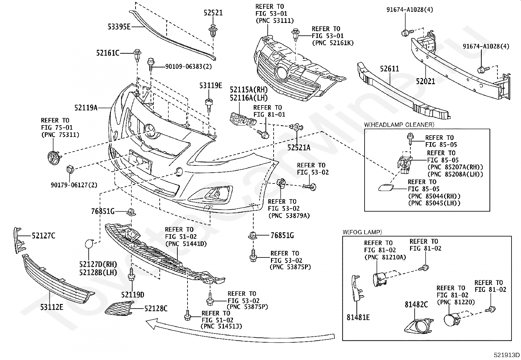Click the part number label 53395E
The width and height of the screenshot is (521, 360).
point(119,27)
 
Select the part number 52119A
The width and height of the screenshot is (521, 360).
point(86,107)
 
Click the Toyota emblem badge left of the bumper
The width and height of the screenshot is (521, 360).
point(54,158)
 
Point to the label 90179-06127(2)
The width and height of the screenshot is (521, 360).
point(74,185)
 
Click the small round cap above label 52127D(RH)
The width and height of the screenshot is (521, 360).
point(89,244)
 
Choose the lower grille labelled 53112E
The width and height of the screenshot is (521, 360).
point(56,279)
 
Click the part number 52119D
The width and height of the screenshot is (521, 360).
point(133,294)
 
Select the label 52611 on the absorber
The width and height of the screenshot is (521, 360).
point(389,68)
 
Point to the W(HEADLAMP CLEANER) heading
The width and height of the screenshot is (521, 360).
point(399,124)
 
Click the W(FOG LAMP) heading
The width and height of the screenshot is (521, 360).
point(362,232)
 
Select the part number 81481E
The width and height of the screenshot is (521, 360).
point(358,317)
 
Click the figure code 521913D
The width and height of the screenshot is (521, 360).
point(507,355)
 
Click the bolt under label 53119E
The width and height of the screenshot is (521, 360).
point(209,105)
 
